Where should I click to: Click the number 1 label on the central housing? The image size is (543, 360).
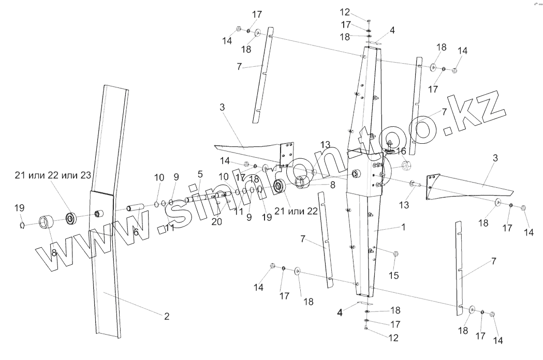(x=403, y=227)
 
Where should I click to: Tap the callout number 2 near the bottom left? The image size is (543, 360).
(x=167, y=317)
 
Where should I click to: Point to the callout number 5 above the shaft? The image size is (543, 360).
(x=200, y=174)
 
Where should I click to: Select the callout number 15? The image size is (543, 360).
(x=394, y=276)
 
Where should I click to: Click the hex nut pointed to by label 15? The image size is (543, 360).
(x=396, y=254)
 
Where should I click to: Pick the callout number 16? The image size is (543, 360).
(x=401, y=151)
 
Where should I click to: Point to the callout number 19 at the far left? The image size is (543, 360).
(x=19, y=208)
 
